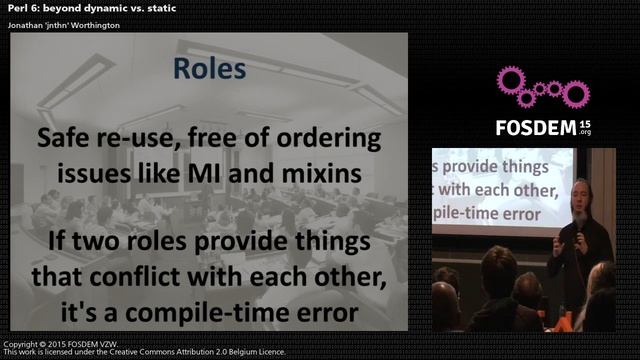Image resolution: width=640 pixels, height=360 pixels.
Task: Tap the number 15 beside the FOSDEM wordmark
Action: (x=584, y=122)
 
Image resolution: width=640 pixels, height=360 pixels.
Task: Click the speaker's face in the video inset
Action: (x=581, y=196)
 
